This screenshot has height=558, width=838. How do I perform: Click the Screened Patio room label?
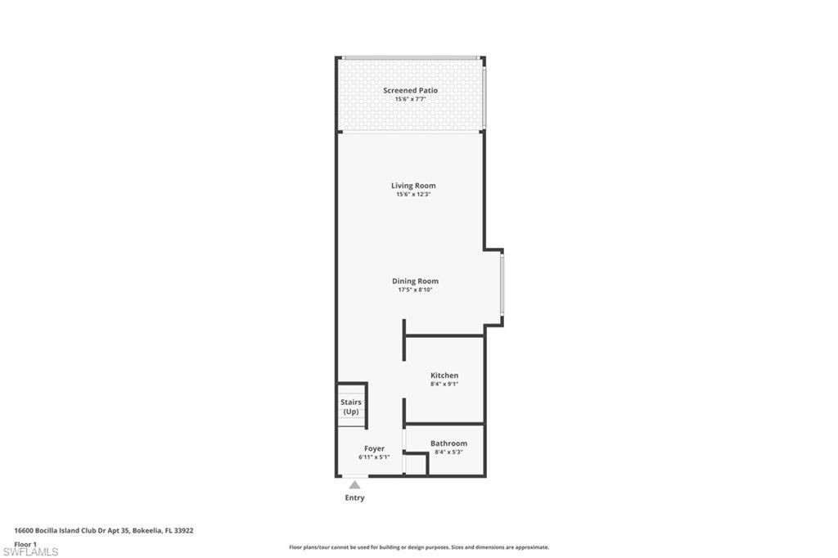[x=410, y=90]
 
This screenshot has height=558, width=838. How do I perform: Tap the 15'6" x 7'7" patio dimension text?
[x=410, y=99]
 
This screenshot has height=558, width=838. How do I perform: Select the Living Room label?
[x=413, y=186]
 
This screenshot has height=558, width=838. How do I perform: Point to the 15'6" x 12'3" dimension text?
[x=413, y=194]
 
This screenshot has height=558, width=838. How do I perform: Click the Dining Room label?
[x=415, y=281]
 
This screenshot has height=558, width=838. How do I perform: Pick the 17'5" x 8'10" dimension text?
[x=415, y=290]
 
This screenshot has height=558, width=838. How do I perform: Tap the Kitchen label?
[x=444, y=376]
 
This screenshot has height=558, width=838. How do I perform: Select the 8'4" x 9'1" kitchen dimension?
[x=444, y=384]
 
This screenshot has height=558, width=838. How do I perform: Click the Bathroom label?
[x=448, y=443]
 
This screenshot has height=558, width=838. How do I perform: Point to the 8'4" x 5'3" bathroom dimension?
[x=448, y=452]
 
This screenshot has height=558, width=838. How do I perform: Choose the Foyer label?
[x=374, y=448]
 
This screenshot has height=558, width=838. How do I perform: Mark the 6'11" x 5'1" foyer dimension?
[x=374, y=457]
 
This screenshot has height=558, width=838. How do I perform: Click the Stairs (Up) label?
[x=351, y=407]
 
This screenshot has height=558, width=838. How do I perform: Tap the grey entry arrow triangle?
[x=354, y=485]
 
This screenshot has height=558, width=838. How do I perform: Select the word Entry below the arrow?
[x=354, y=497]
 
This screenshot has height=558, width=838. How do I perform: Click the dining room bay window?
[x=502, y=283]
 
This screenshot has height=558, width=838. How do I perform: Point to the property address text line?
[x=104, y=530]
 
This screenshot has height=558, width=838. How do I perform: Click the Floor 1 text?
[x=25, y=544]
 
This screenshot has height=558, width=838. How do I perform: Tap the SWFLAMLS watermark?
[x=31, y=552]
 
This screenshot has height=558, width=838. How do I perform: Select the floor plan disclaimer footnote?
[x=418, y=547]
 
